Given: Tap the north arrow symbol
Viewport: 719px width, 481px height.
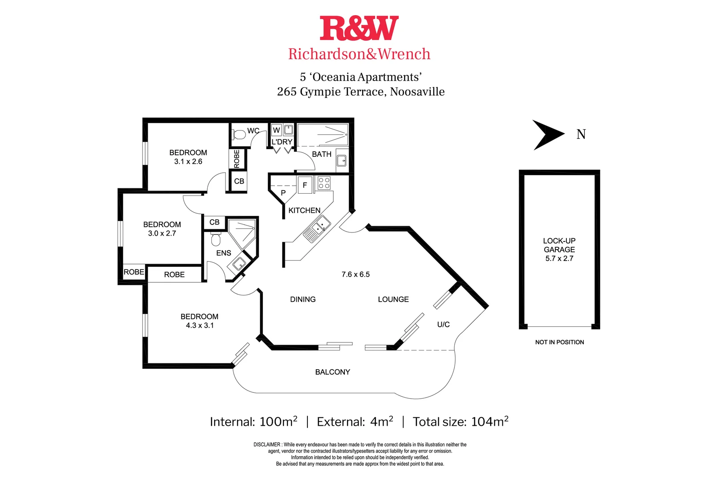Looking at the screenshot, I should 548,135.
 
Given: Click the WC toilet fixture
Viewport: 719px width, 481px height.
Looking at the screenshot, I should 239,134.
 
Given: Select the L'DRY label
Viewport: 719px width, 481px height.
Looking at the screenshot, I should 282,142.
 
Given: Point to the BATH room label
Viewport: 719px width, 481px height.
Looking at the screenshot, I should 321,154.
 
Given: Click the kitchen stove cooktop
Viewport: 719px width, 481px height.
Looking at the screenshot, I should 324,183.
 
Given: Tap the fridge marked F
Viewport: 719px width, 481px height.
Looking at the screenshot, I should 305,185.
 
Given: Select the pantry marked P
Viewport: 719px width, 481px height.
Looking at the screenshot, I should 283,193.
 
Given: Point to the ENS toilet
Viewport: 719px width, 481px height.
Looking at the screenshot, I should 216,239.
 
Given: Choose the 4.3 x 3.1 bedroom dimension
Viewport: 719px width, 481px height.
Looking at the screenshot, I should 200,326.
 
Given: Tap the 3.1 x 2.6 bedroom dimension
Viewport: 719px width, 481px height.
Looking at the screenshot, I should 188,162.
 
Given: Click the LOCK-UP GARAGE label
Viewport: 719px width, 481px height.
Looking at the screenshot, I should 559,245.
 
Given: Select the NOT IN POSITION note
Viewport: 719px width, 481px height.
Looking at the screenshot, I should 559,342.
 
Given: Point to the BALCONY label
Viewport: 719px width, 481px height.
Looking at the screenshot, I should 332,372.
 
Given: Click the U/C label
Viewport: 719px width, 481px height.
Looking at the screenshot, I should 443,324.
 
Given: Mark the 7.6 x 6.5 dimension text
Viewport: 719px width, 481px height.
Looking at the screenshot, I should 355,274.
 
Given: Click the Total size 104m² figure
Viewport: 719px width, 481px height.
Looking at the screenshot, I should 460,421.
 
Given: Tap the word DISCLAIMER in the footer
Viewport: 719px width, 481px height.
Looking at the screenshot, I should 267,444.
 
